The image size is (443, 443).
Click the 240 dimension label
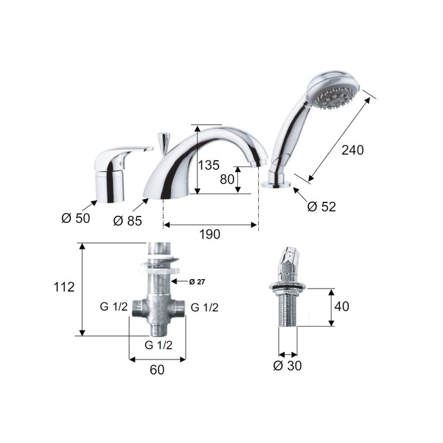[353, 150]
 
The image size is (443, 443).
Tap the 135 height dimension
[208, 165]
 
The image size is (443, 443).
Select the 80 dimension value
[227, 179]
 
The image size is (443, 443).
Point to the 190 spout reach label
[209, 234]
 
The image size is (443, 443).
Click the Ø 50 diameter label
[76, 218]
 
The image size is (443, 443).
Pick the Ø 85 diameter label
[127, 221]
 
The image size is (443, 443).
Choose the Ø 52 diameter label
[321, 207]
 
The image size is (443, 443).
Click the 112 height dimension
[64, 287]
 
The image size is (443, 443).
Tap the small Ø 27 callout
[197, 282]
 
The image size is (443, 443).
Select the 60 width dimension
[157, 370]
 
